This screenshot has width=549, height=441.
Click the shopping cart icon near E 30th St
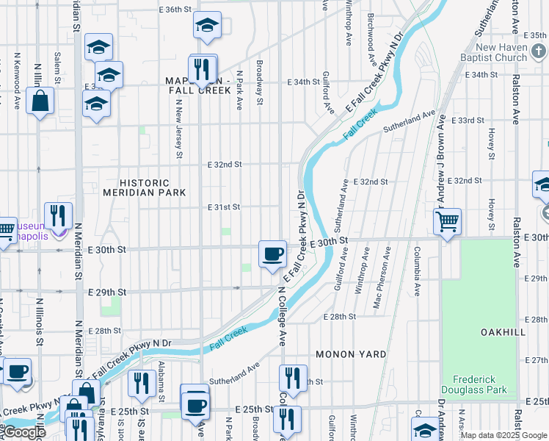pos(447,220)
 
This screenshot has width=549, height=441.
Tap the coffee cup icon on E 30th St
pos(272,254)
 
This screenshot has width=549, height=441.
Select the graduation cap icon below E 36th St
pos(208,26)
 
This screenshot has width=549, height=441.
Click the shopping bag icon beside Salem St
pos(41,100)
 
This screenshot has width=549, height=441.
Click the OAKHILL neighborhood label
pos(503,332)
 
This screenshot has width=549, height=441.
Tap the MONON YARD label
pos(351,354)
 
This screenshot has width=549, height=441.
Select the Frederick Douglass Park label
pos(475,384)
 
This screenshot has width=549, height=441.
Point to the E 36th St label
pos(175,10)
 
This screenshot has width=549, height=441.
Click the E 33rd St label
pos(468,120)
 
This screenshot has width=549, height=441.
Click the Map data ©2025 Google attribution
pos(503,435)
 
